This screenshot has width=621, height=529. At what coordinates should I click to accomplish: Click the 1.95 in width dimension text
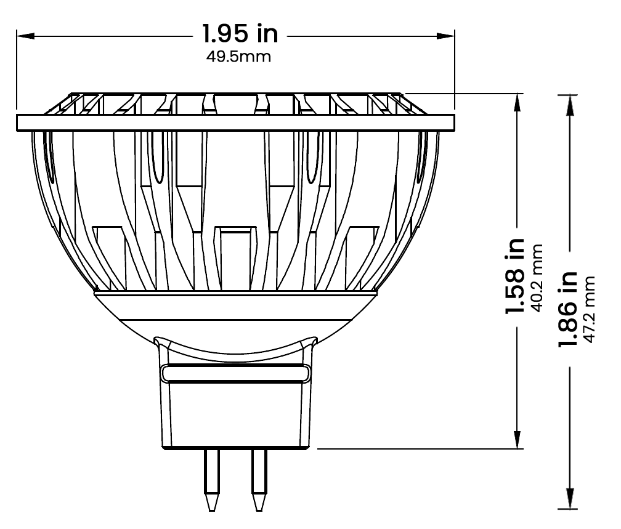241,34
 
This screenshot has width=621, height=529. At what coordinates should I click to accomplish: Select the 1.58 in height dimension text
515,275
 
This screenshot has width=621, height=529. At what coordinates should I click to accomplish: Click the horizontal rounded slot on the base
235,373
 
